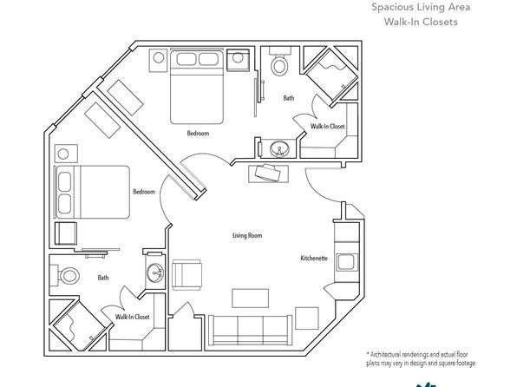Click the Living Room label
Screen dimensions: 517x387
pyautogui.click(x=247, y=235)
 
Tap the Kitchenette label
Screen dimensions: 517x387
pyautogui.click(x=314, y=258)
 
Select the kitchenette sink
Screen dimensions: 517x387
pyautogui.click(x=346, y=262)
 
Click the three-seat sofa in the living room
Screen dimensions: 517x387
pyautogui.click(x=250, y=331)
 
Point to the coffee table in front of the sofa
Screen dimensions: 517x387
pyautogui.click(x=250, y=298)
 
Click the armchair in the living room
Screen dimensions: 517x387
pyautogui.click(x=187, y=275)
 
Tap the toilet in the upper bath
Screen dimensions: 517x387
pyautogui.click(x=279, y=62)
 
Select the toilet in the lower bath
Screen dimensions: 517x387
pyautogui.click(x=65, y=275)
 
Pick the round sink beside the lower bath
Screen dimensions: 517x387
pyautogui.click(x=155, y=272)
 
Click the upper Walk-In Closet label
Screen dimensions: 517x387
pyautogui.click(x=327, y=126)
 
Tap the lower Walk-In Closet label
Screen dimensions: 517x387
pyautogui.click(x=132, y=317)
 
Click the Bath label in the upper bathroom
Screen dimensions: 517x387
pyautogui.click(x=289, y=98)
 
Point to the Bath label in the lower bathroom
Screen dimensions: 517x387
pyautogui.click(x=103, y=278)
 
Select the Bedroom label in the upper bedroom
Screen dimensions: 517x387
pyautogui.click(x=198, y=134)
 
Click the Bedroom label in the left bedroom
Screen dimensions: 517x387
pyautogui.click(x=144, y=192)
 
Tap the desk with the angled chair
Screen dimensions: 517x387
pyautogui.click(x=268, y=174)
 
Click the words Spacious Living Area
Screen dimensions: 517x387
pyautogui.click(x=421, y=7)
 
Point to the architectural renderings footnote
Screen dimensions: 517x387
pyautogui.click(x=422, y=359)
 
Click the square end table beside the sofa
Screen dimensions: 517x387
pyautogui.click(x=306, y=318)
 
